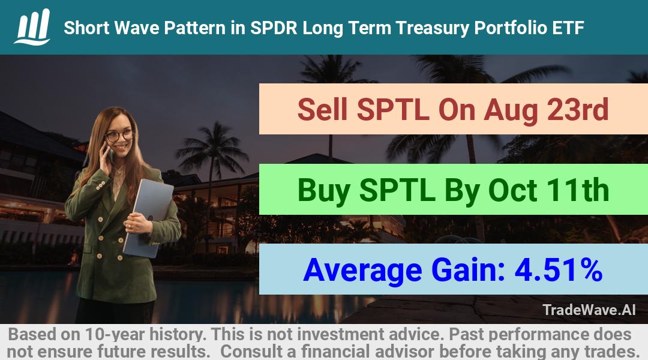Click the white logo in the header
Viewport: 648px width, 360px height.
32,27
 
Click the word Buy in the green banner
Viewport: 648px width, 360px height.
324,191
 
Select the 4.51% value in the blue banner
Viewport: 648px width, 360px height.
559,269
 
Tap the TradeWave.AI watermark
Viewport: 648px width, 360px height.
589,310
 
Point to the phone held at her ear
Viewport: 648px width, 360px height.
110,154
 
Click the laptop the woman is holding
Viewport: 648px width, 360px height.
148,217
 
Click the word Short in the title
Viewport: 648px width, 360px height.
86,28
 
